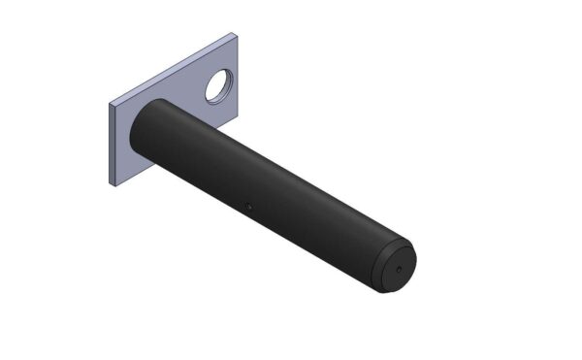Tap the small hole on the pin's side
tap(249, 206)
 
